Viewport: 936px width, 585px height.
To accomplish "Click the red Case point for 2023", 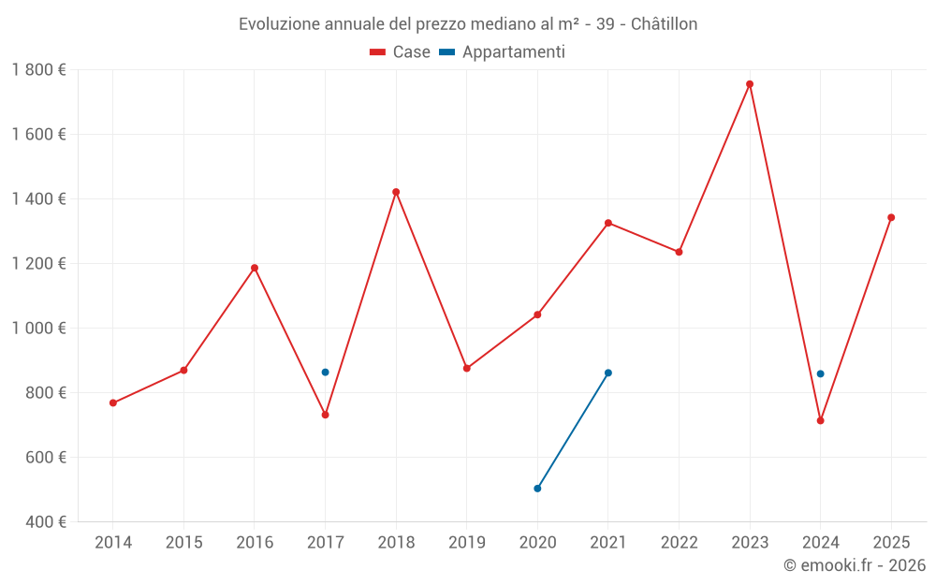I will pos(750,84).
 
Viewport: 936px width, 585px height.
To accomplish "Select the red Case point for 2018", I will pos(396,192).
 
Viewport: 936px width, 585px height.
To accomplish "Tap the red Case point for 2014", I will pos(113,403).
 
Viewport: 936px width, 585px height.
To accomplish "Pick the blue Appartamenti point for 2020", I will pos(537,489).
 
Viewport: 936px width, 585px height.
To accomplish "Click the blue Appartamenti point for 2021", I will pos(608,373).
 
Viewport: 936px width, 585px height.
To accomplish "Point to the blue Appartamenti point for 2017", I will pos(325,373).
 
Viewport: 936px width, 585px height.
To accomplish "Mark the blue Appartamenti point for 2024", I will pos(821,373).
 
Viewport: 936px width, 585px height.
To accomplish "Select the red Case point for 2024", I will pos(821,420).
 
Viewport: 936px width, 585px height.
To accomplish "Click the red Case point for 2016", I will pos(255,268).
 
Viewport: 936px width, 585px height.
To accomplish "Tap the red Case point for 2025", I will pos(891,217).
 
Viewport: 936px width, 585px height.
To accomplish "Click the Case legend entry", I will pos(401,52).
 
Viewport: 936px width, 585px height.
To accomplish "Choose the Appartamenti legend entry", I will pos(503,52).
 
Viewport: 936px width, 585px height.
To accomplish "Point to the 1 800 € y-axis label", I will pos(39,70).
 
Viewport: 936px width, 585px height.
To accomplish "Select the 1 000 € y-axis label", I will pos(39,329).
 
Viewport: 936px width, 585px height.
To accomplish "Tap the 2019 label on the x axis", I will pos(467,543).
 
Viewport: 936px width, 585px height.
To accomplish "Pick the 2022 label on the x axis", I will pos(680,543).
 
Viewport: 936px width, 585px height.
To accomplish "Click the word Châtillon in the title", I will pos(665,24).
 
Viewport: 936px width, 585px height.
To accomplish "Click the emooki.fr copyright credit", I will pos(855,565).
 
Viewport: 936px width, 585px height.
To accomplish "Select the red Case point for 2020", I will pos(537,314).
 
